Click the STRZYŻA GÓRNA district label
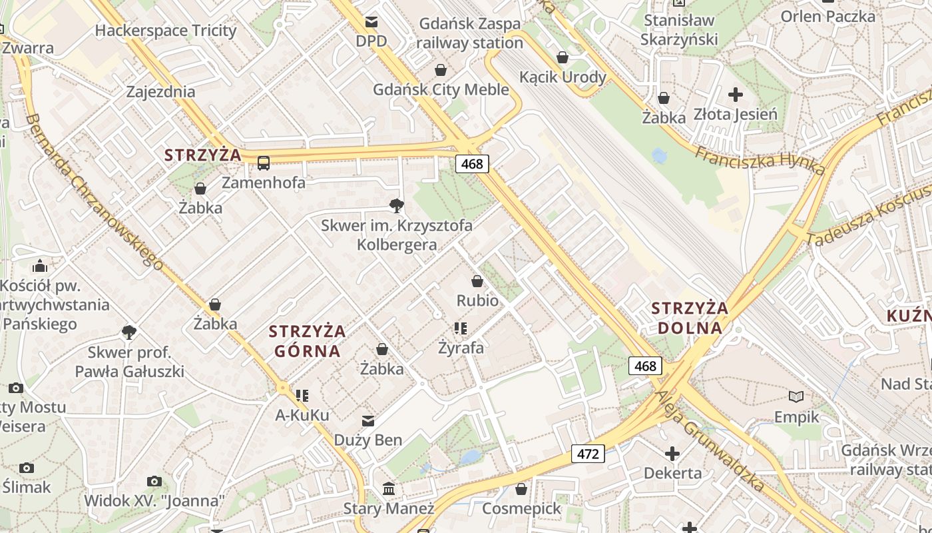(x=307, y=340)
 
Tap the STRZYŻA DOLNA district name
(x=690, y=318)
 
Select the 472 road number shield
(x=587, y=454)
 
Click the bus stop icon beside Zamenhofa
(x=264, y=163)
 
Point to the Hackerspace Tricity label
(x=166, y=31)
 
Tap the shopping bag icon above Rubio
(x=477, y=281)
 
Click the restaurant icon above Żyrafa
(x=461, y=328)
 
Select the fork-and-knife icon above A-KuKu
(x=302, y=396)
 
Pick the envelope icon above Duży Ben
(x=368, y=420)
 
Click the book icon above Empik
(x=796, y=397)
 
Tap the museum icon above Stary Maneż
(x=389, y=490)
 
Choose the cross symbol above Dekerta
(x=672, y=454)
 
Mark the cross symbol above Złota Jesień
(x=735, y=95)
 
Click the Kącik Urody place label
(x=563, y=77)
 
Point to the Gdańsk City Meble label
(x=441, y=89)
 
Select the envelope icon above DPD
(x=371, y=22)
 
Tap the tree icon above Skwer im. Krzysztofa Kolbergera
(x=397, y=205)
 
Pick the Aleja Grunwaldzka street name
(x=709, y=440)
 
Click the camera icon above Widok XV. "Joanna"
(x=154, y=481)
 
